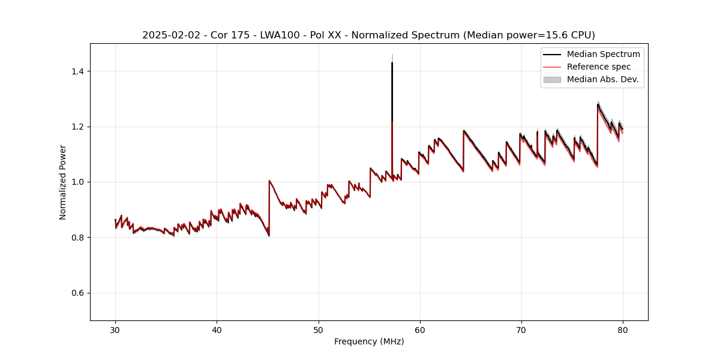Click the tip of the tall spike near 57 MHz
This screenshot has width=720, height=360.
(x=392, y=62)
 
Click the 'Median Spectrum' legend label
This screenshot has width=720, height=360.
(x=603, y=54)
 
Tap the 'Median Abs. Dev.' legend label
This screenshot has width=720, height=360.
(x=602, y=79)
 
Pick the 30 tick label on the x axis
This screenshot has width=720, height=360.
(x=116, y=329)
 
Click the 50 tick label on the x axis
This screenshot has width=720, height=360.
(x=319, y=329)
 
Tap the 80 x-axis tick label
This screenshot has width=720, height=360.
(x=623, y=329)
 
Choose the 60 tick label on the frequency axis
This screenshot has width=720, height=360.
(x=420, y=329)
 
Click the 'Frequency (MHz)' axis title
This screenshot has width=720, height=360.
(x=369, y=341)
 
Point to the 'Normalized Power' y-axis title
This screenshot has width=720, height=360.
(x=63, y=182)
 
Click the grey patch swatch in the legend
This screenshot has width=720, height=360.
(x=552, y=79)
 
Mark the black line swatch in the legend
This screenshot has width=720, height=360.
(x=552, y=54)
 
